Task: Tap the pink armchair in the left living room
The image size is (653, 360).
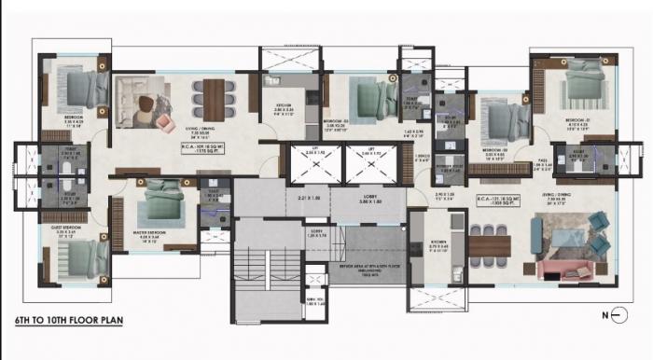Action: point(165,121)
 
